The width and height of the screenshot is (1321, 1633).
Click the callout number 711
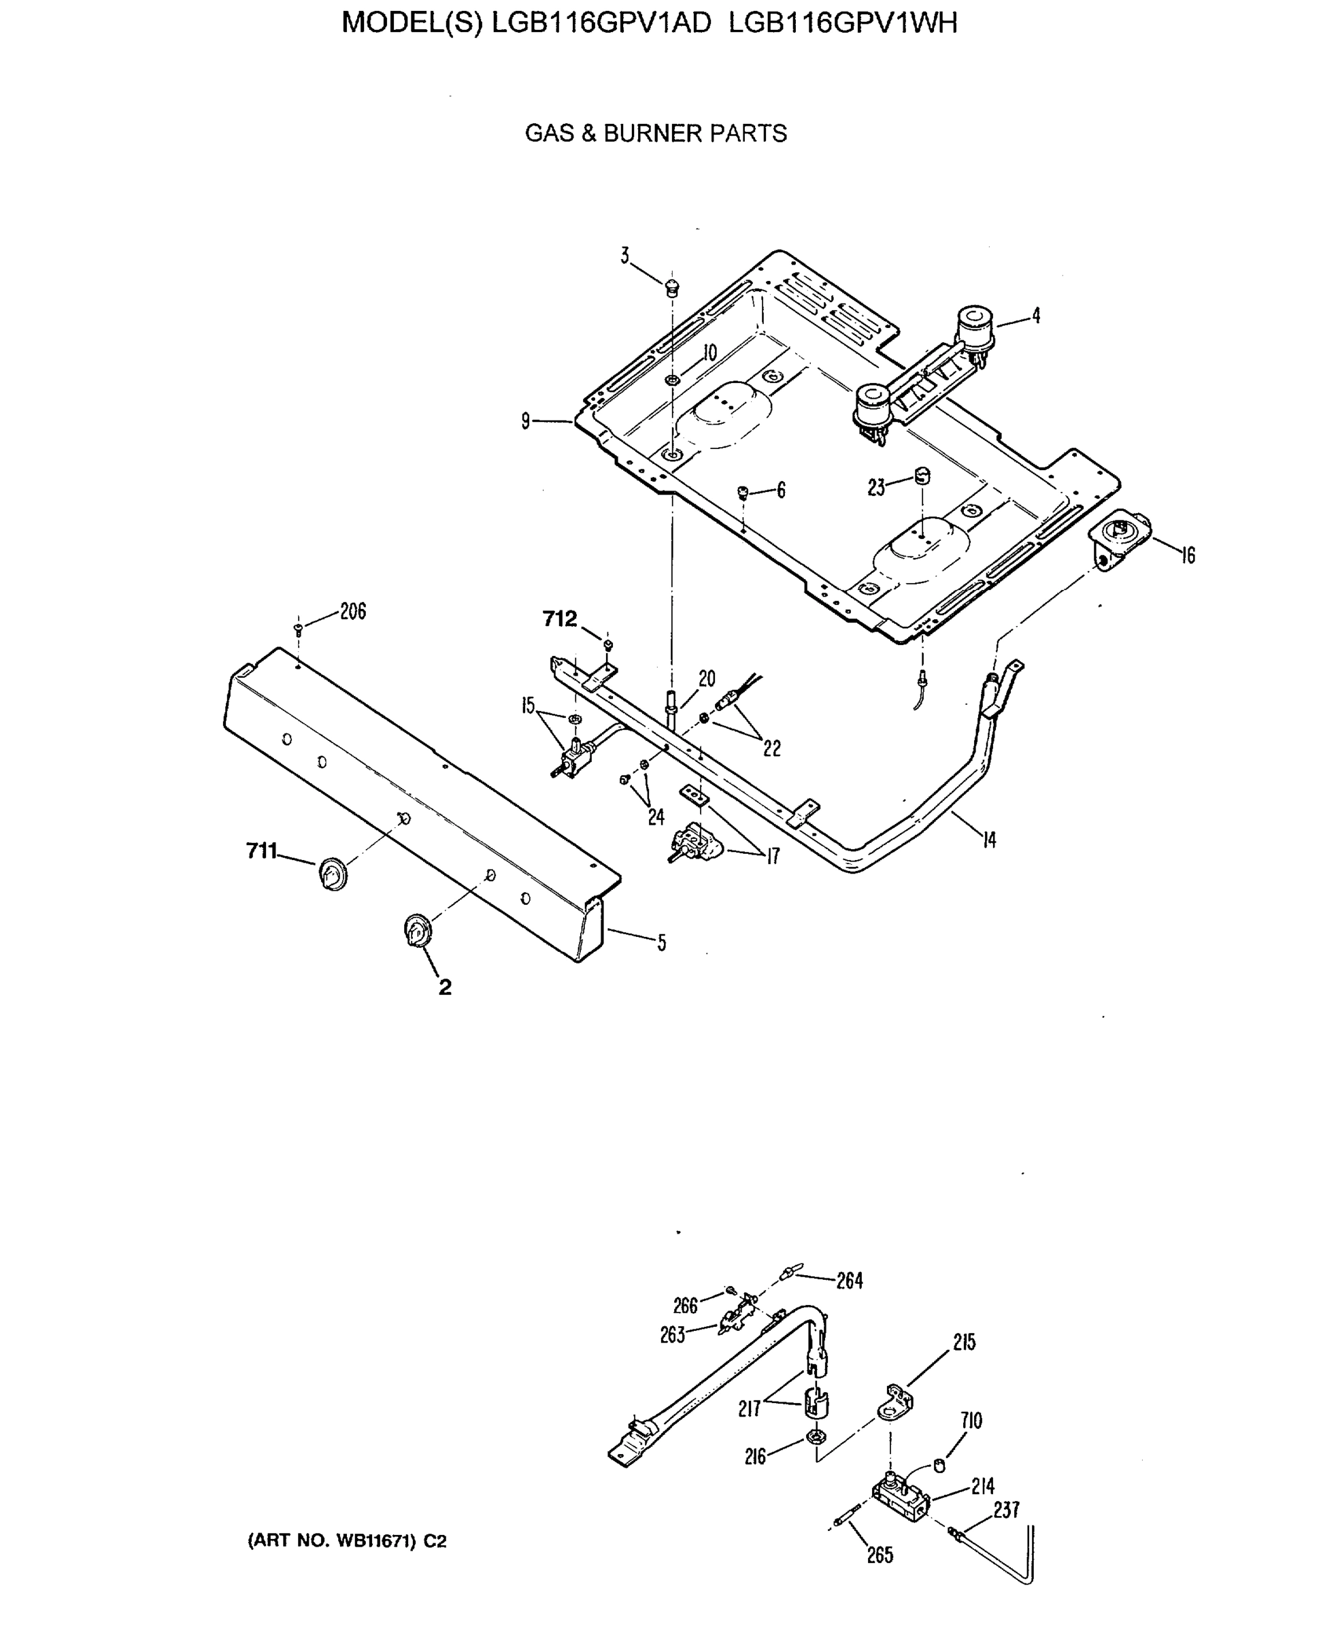point(262,851)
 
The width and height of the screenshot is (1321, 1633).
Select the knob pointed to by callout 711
point(333,874)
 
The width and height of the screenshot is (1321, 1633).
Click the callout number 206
point(353,611)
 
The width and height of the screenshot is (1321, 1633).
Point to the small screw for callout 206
point(299,629)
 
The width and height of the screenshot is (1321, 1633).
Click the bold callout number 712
point(560,618)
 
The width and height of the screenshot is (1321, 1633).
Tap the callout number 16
point(1188,555)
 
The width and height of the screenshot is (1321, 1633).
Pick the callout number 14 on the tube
point(988,840)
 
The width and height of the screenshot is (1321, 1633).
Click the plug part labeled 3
point(672,288)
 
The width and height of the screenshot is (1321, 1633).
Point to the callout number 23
point(877,488)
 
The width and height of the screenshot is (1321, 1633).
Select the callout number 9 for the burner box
point(526,420)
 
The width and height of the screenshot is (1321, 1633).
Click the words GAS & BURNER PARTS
point(655,133)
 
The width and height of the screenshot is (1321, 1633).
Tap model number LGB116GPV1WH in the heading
point(842,23)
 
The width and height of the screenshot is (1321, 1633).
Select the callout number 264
point(850,1281)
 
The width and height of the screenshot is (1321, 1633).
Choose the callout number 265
point(880,1555)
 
